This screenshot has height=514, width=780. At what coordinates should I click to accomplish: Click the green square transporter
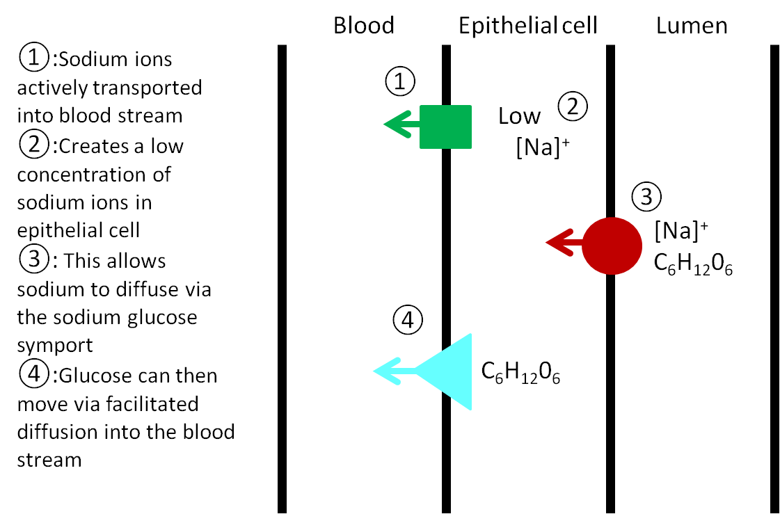coord(445,127)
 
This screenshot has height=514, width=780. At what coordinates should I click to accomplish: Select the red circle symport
coord(612,246)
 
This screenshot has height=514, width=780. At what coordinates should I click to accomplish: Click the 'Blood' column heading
coord(364,26)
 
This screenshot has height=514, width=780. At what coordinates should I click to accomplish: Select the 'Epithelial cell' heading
coord(527,26)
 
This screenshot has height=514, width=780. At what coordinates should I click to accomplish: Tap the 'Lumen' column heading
coord(692,26)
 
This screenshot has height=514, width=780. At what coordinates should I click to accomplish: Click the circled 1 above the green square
coord(400,82)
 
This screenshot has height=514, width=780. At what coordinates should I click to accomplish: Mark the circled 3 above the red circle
coord(646,197)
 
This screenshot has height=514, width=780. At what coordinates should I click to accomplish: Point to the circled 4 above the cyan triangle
coord(407,319)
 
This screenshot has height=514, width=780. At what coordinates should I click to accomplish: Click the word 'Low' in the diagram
coord(519,116)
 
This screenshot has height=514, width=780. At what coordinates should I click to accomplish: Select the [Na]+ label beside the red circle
coord(682,229)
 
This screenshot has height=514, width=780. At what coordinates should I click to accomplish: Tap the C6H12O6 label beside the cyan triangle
coord(521,374)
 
